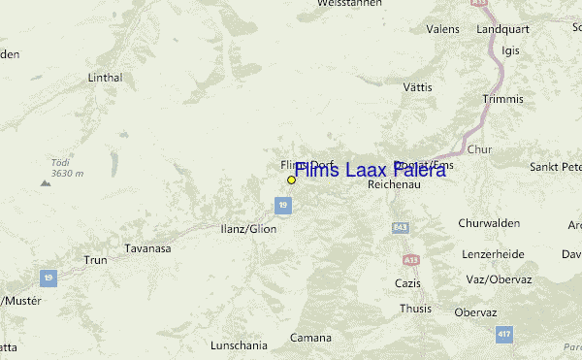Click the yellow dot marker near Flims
[291, 180]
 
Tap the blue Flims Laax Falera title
[370, 170]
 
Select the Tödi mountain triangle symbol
[45, 181]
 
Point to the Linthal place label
[105, 77]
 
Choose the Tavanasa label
[147, 248]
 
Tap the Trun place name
[95, 260]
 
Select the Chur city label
[479, 149]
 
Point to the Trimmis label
[501, 99]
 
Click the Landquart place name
[501, 30]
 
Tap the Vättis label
[416, 87]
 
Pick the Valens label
[441, 30]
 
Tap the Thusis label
[416, 309]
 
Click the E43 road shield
[400, 227]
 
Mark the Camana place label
[310, 338]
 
